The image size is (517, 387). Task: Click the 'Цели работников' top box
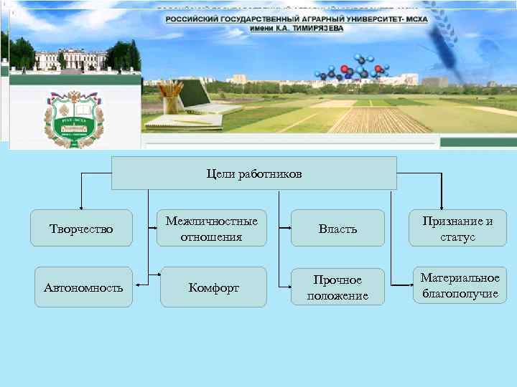tap(254, 173)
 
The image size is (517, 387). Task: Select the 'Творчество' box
tap(81, 229)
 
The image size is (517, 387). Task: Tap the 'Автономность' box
tap(83, 287)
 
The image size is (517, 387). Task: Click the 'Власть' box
tap(337, 229)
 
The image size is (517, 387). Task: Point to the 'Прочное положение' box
tap(337, 287)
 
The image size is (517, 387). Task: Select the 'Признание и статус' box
tap(457, 229)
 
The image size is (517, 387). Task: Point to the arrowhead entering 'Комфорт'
tap(158, 274)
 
